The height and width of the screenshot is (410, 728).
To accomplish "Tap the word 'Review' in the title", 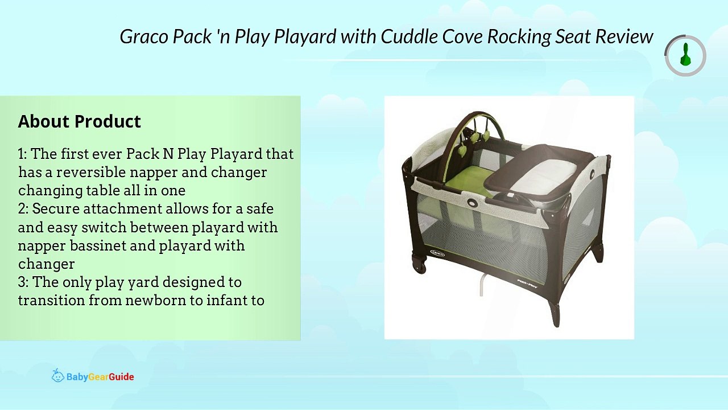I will coord(624,36).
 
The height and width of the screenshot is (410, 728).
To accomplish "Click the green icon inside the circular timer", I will coord(685,56).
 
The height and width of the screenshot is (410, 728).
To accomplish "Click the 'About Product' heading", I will coord(79,121).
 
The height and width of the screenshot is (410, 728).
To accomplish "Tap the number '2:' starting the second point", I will coord(24,209).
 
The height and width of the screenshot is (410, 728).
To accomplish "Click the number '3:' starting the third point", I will coord(24,282).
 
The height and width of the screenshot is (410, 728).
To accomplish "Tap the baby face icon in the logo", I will coord(57,376).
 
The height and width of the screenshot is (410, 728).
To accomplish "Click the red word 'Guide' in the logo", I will coord(121,377).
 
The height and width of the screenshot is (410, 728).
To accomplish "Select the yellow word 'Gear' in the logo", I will coord(98,377).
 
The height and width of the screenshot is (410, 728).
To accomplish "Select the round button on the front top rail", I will coord(473,202).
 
